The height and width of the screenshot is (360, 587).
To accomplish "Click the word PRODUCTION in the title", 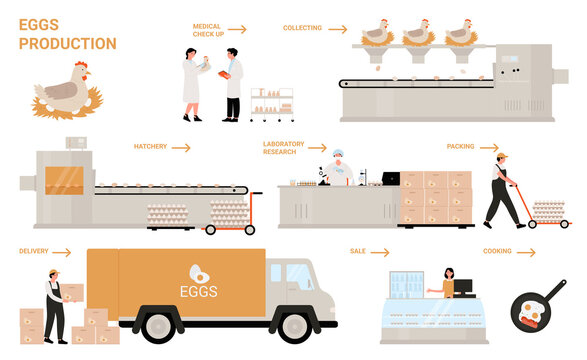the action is click(x=67, y=43).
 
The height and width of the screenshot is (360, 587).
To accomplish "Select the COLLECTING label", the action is click(x=302, y=29).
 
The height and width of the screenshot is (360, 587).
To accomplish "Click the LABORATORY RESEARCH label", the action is click(x=283, y=148).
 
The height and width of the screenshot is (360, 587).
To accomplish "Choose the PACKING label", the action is click(x=461, y=146).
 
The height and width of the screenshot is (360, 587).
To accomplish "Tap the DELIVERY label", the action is click(x=35, y=250).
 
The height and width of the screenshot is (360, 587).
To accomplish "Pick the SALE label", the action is click(x=357, y=250).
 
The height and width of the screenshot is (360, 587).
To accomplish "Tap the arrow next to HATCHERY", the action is click(x=181, y=147).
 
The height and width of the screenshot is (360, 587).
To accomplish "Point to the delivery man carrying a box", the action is click(x=52, y=306).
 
